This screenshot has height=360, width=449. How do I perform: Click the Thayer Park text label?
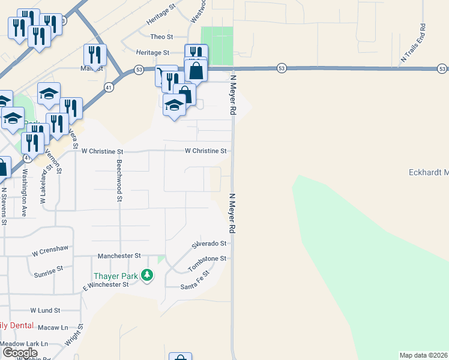click(x=115, y=276)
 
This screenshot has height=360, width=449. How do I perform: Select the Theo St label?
click(x=161, y=37)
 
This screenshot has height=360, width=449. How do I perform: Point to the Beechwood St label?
click(x=120, y=180)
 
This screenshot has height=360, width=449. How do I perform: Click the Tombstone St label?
click(x=208, y=263)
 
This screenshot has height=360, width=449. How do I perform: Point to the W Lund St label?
click(x=45, y=311)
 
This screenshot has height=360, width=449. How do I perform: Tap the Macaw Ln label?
click(x=52, y=328)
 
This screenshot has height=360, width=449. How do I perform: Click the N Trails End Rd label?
click(x=415, y=43)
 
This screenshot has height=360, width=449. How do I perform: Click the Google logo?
click(x=19, y=352)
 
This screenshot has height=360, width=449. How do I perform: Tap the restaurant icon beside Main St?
click(x=95, y=55)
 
